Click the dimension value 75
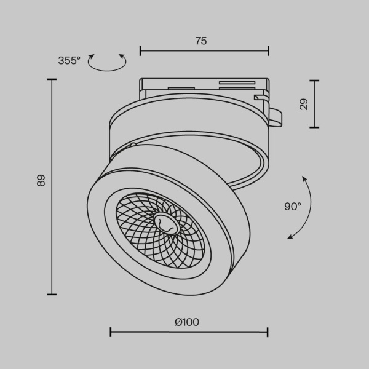coord(201,41)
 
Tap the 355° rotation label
coord(69,60)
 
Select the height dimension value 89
coord(41,180)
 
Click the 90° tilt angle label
coord(293,207)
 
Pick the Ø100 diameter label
coord(187,322)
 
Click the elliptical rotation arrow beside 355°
coord(107,63)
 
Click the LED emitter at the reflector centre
coord(165,224)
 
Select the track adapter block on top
coord(203,89)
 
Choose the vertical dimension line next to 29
coord(315,104)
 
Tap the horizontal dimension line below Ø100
coord(189,332)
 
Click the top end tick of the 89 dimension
coord(52,79)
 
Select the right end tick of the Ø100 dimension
coord(268,332)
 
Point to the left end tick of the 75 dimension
coord(140,50)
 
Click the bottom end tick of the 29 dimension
coord(315,127)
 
